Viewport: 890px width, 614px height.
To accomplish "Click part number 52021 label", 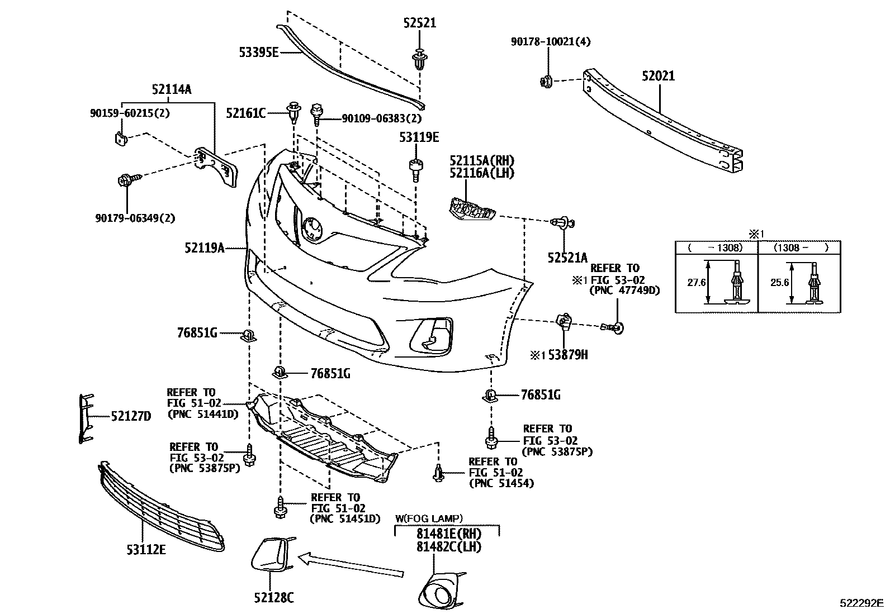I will coord(658,76).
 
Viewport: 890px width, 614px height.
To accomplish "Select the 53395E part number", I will coord(258,53).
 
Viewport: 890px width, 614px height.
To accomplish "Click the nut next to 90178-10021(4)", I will coord(547,81).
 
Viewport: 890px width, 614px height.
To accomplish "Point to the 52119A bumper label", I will coord(205,247).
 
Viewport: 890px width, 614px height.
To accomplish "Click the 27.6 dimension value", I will coord(696,283).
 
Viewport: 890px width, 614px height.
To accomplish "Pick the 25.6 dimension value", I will coord(779,283).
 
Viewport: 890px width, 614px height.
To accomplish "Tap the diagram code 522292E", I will coord(861,603).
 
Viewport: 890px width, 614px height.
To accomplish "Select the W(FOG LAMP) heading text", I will coord(429,518).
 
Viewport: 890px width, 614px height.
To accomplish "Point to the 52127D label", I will coord(131,416).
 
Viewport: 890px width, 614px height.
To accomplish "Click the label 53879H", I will coord(567,355).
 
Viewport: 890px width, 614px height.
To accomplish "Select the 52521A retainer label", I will coord(567,258).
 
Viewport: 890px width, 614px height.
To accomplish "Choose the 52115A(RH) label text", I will coord(481,160).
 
